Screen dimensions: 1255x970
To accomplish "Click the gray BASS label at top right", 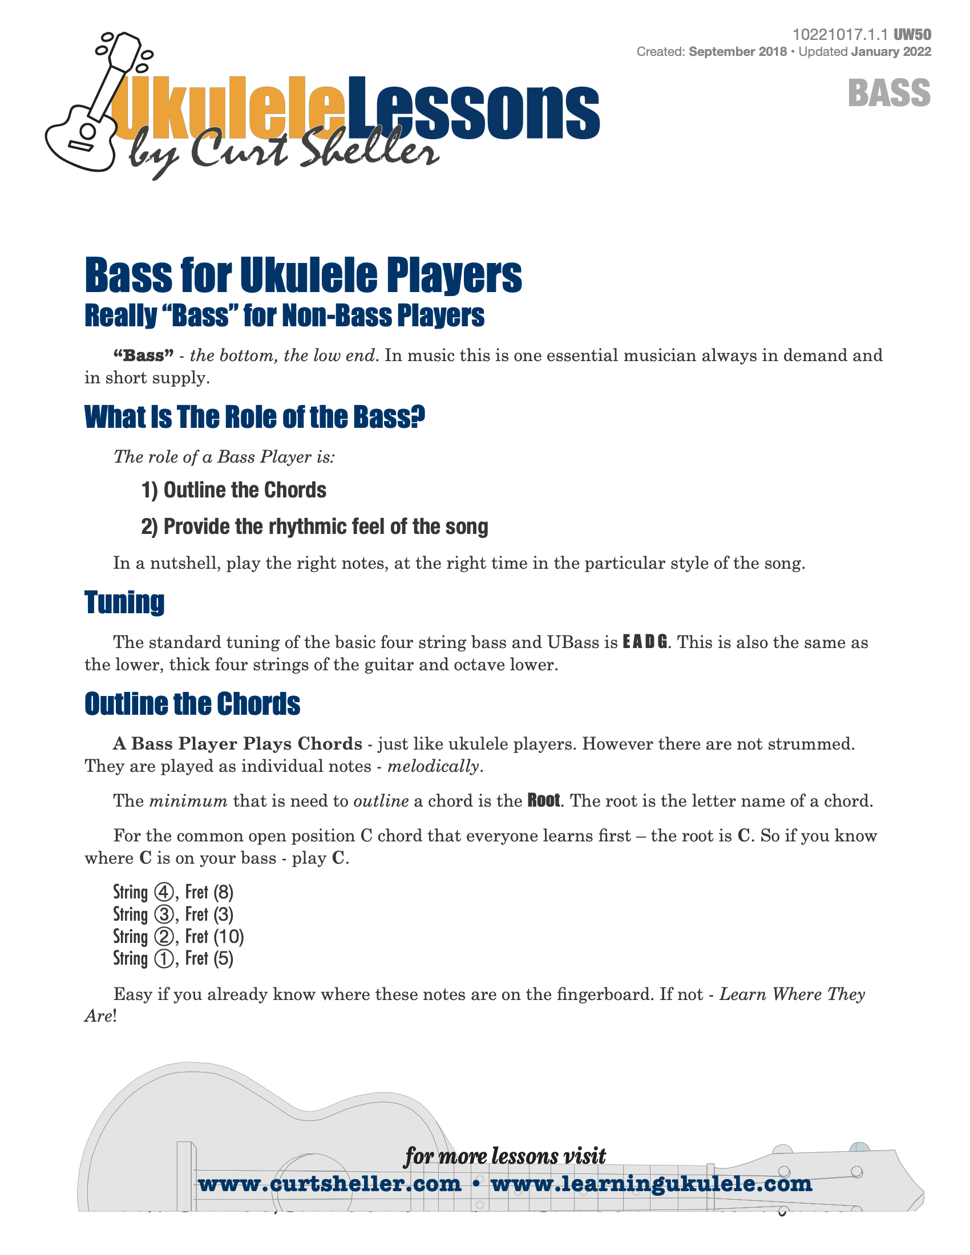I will [x=888, y=93].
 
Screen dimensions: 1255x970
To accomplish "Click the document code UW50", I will [x=912, y=35].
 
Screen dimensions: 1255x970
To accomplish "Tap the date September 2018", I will [x=737, y=52].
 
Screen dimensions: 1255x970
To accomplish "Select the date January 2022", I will [x=891, y=52].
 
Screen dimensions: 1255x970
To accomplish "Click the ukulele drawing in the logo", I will [x=86, y=115].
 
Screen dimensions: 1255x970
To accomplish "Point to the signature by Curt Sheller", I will [x=281, y=152].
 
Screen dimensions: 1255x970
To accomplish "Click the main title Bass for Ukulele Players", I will [x=303, y=276].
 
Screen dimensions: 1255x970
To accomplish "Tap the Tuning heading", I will [x=124, y=602].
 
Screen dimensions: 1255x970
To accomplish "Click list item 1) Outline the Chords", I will [x=233, y=490].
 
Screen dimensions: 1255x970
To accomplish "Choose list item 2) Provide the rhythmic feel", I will [x=314, y=527].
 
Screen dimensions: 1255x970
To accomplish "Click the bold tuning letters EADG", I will [x=645, y=642].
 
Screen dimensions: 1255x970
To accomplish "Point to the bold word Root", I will [x=543, y=800].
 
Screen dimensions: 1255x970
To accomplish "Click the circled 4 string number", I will [x=164, y=892].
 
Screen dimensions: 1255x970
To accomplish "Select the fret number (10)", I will [x=229, y=937].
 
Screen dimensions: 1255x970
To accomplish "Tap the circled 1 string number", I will [x=164, y=958].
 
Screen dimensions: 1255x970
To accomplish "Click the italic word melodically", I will [x=433, y=766].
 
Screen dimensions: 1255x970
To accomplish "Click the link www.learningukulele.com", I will [x=651, y=1184].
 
